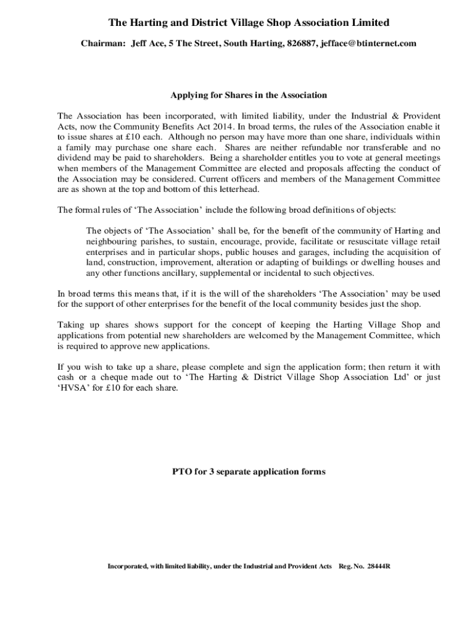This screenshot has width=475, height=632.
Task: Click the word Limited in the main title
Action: coord(366,23)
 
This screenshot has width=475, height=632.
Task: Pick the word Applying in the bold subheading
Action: coord(188,95)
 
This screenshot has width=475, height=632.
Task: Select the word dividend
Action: coord(75,157)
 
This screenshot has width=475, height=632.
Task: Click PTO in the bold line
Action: coord(181,472)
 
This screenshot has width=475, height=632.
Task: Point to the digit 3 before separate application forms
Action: coord(214,472)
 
